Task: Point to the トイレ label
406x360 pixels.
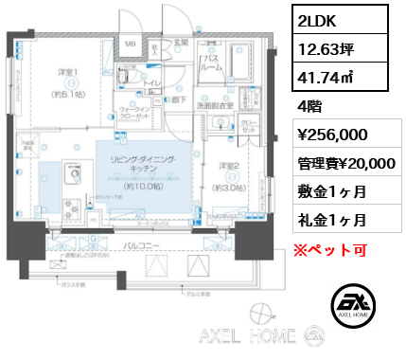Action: [x=152, y=82]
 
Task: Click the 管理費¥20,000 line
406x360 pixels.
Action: [x=337, y=164]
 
